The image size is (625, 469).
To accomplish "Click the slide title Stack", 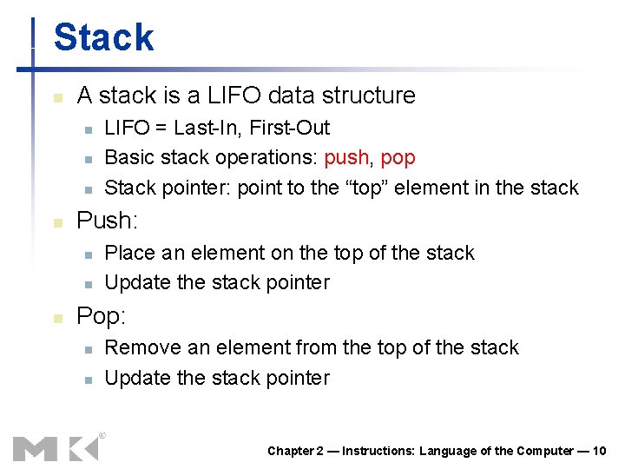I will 103,38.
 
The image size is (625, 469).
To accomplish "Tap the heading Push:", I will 107,221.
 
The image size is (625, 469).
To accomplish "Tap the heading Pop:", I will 102,315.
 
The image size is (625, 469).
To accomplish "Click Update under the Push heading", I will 135,282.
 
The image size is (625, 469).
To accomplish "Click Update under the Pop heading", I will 135,378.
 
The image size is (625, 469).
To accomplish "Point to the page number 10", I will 598,450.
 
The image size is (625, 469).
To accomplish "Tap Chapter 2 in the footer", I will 295,450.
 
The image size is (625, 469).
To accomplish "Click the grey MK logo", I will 56,447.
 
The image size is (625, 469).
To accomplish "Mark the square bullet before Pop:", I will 57,318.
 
